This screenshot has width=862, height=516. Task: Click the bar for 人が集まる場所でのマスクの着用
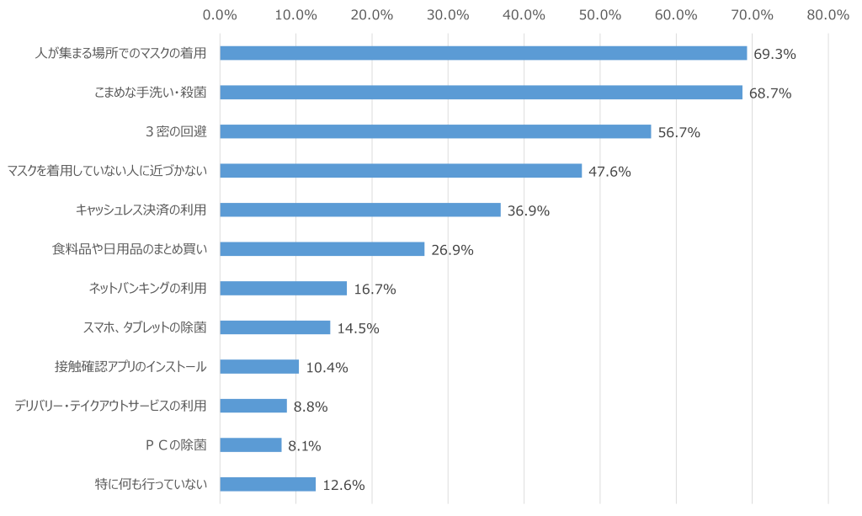pyautogui.click(x=483, y=53)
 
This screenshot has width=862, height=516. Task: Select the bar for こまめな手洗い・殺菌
pyautogui.click(x=481, y=93)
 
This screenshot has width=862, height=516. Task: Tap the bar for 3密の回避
pyautogui.click(x=435, y=131)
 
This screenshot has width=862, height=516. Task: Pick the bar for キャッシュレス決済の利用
pyautogui.click(x=359, y=210)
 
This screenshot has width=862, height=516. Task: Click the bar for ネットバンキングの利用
pyautogui.click(x=283, y=289)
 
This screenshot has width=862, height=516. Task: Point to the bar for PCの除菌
pyautogui.click(x=250, y=445)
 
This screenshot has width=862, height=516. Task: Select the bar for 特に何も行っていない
pyautogui.click(x=268, y=484)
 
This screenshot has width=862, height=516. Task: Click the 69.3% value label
pyautogui.click(x=774, y=54)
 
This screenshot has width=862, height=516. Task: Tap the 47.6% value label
pyautogui.click(x=609, y=172)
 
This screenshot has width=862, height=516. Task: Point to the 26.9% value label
pyautogui.click(x=452, y=250)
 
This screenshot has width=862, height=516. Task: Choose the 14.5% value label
pyautogui.click(x=358, y=328)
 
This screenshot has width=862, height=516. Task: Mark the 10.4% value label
pyautogui.click(x=327, y=368)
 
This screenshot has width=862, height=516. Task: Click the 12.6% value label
pyautogui.click(x=343, y=486)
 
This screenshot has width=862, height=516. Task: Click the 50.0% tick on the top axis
pyautogui.click(x=599, y=14)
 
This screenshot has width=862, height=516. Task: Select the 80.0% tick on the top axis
pyautogui.click(x=827, y=14)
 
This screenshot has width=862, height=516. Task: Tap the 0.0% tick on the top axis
pyautogui.click(x=220, y=14)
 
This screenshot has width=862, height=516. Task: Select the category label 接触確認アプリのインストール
pyautogui.click(x=130, y=367)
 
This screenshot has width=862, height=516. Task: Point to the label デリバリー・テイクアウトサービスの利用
pyautogui.click(x=110, y=406)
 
